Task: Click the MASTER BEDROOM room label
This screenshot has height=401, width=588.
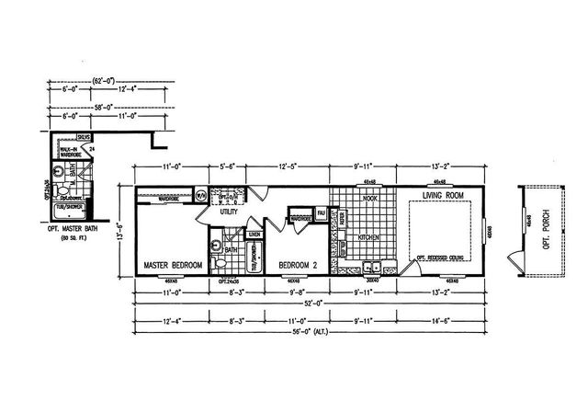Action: tap(172, 266)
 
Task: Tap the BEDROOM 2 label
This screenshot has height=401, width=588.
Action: tap(296, 266)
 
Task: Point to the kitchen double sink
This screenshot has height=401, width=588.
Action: tap(371, 268)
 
